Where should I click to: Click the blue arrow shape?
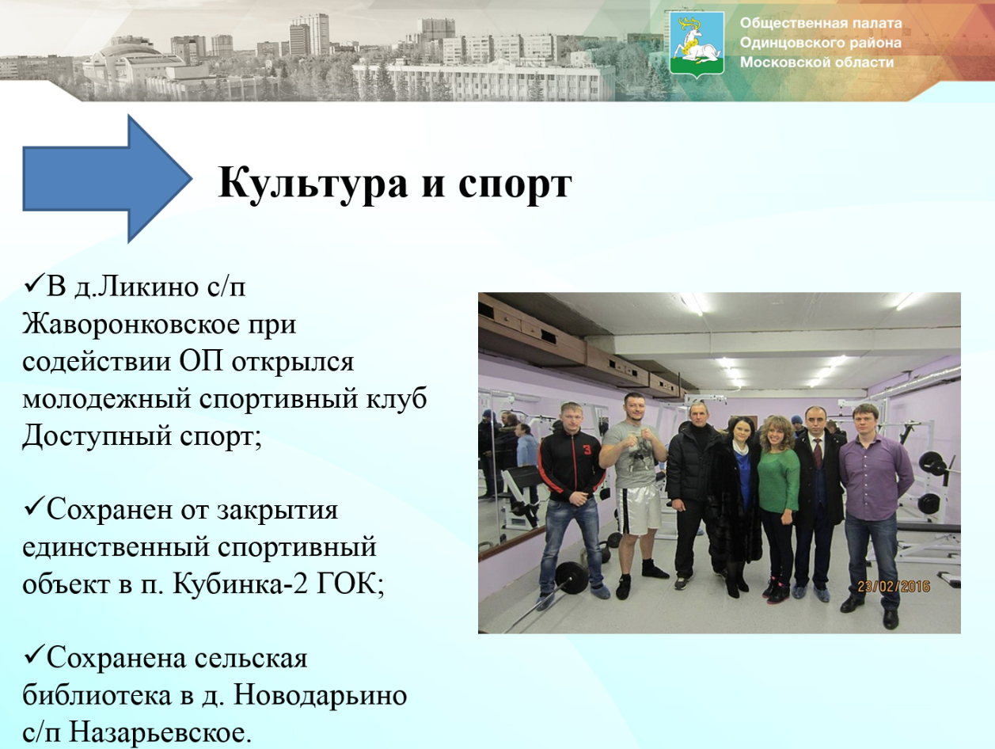pos(108,179)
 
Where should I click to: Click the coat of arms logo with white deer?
pos(697,44)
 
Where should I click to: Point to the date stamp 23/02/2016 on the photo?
pos(894,586)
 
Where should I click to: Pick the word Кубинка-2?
pos(240,584)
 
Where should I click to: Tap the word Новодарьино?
pos(320,696)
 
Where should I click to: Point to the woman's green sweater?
pos(778,482)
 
